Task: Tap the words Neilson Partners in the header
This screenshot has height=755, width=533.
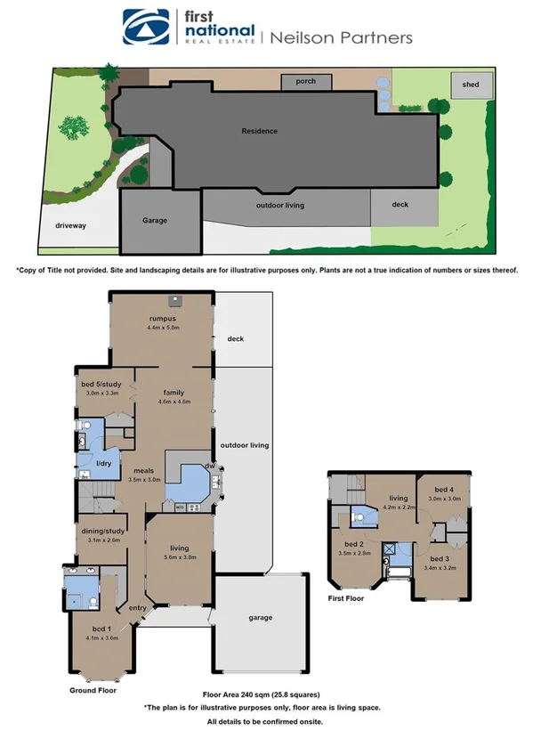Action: pyautogui.click(x=341, y=37)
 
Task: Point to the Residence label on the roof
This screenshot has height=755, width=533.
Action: pyautogui.click(x=260, y=131)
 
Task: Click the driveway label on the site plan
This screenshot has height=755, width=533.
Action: pyautogui.click(x=71, y=226)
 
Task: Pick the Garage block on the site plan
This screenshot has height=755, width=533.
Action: pyautogui.click(x=155, y=221)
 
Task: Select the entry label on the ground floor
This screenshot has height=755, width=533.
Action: pyautogui.click(x=138, y=608)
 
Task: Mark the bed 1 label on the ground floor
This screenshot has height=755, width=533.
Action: pyautogui.click(x=100, y=629)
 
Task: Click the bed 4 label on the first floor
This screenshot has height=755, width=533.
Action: pyautogui.click(x=444, y=490)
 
